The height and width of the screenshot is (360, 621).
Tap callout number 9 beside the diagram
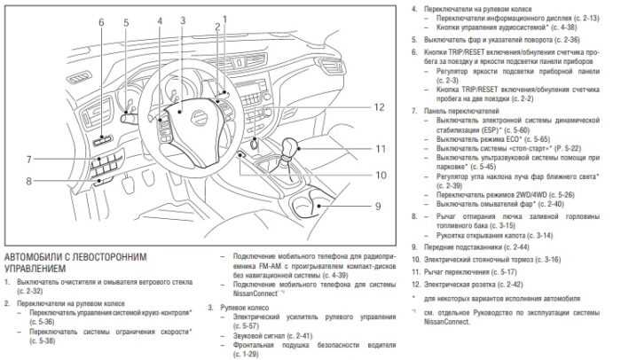point(377,206)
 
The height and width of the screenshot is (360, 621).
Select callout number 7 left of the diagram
point(29,160)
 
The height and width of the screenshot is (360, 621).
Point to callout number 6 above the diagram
point(100,21)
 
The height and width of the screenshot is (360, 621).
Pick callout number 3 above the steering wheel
point(182,19)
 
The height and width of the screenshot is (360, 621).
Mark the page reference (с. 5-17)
point(501,271)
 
